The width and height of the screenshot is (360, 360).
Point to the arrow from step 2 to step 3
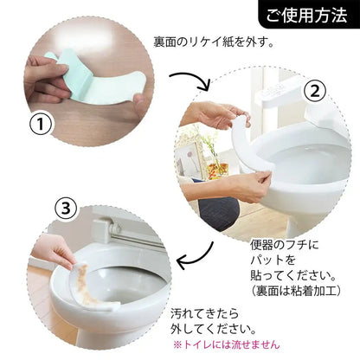(194, 256)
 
